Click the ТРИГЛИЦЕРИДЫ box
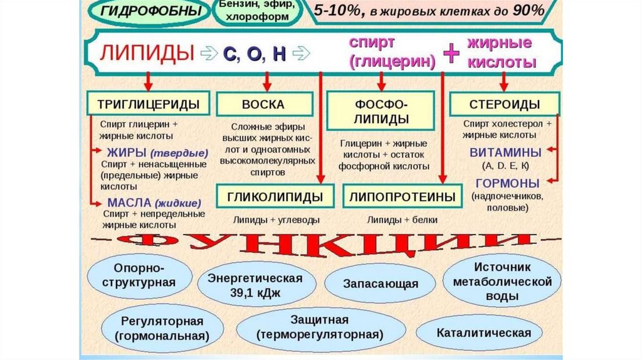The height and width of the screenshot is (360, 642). coord(148,103)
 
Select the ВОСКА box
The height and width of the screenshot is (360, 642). coord(264,104)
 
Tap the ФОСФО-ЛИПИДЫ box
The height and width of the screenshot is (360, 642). coord(380,110)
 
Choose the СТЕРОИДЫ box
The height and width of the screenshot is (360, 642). coord(505,103)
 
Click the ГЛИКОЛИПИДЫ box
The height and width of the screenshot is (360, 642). coord(270,196)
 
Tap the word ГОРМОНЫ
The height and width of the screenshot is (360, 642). coord(507,183)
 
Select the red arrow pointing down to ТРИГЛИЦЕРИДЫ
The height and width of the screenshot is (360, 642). coord(148,80)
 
